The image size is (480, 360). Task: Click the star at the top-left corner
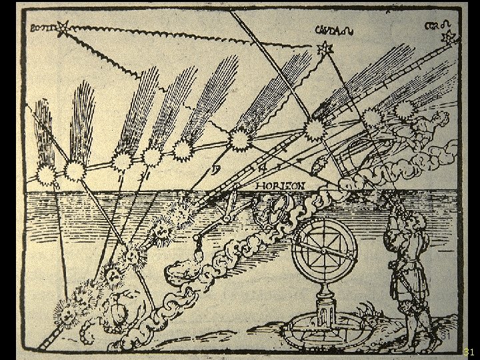pyautogui.click(x=63, y=27)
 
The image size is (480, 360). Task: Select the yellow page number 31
pyautogui.click(x=468, y=351)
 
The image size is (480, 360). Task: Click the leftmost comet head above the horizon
pyautogui.click(x=46, y=175)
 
